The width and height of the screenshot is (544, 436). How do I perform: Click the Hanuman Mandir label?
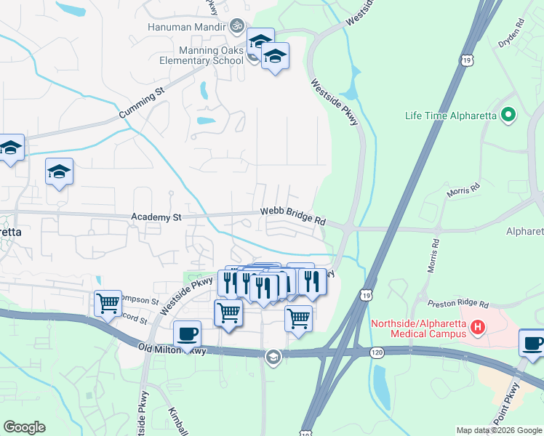point(186,27)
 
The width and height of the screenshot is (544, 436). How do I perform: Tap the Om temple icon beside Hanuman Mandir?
point(235,27)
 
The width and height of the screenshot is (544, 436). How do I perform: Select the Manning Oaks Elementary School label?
point(201,56)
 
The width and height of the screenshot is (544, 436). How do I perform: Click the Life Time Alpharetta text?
point(451,116)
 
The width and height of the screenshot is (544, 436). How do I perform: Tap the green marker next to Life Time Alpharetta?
point(509,115)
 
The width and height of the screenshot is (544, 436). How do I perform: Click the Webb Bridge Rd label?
point(293,215)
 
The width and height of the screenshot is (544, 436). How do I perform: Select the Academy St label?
point(156,217)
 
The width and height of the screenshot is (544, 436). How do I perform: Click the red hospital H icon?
point(478,328)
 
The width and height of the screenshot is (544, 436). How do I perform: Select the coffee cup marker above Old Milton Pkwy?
point(188,334)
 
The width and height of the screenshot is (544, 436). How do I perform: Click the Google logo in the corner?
point(24,427)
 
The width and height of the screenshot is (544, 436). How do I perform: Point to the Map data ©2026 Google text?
point(499,430)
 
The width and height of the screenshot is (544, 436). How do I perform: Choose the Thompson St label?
point(138,300)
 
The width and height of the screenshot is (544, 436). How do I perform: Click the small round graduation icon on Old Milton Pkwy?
point(273,355)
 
